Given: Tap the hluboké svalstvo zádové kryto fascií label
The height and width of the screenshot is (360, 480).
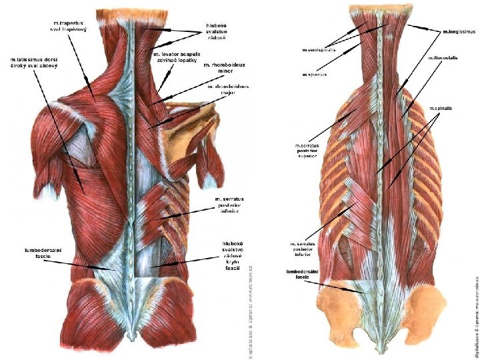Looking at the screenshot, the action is (231, 256).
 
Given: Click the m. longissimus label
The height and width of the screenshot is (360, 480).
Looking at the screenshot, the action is (458, 31).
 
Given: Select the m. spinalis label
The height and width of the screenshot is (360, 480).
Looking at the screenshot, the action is (441, 108).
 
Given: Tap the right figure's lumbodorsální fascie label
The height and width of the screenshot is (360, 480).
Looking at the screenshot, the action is (301, 275).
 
